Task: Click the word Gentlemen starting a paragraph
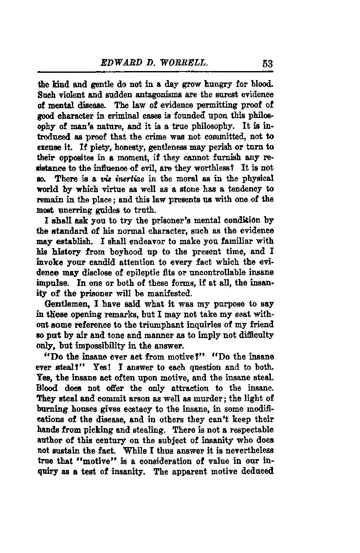click(x=65, y=304)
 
